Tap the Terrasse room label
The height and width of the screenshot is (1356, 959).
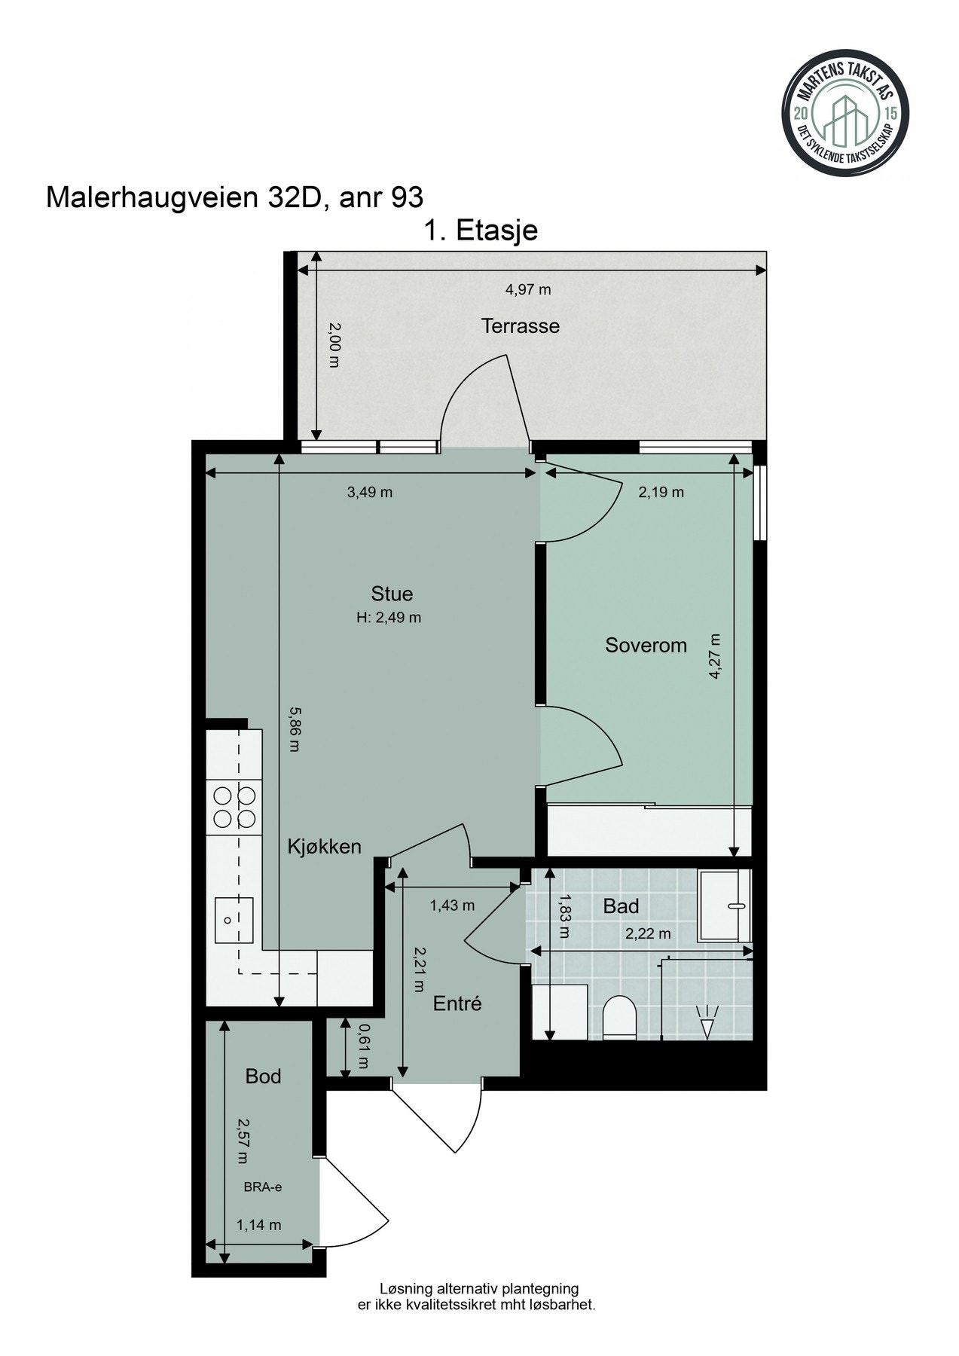point(521,326)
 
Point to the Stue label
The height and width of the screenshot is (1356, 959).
point(392,594)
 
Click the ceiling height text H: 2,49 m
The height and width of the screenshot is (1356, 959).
point(389,618)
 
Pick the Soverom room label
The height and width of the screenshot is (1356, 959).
point(646,646)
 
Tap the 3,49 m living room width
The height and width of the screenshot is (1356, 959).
point(370,493)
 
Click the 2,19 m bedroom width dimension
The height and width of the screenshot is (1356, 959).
point(661,493)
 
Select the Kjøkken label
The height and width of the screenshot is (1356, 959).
point(325,847)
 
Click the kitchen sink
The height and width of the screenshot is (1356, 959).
point(234,920)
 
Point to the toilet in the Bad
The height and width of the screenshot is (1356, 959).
point(620,1018)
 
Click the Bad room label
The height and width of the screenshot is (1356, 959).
point(621,906)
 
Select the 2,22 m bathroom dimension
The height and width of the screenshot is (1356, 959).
point(648,934)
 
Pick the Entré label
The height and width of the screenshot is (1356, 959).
point(457,1003)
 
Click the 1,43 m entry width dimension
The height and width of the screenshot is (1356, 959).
point(452,905)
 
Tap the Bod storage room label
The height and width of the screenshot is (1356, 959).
point(263,1077)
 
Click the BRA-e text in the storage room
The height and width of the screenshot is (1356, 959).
point(262,1187)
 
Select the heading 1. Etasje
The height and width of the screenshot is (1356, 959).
point(481,230)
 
